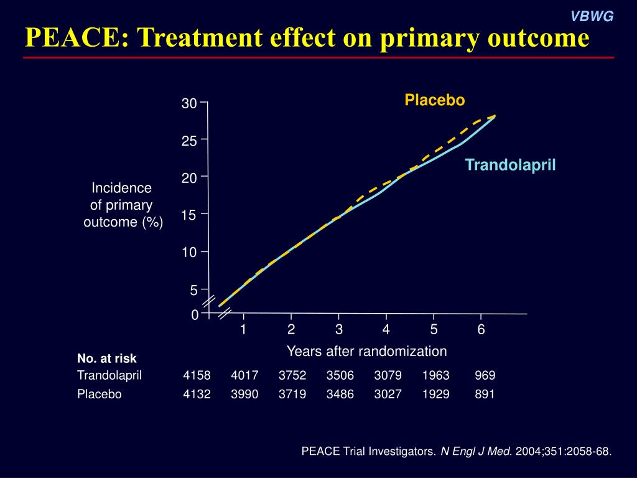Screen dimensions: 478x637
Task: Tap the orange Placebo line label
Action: [x=434, y=100]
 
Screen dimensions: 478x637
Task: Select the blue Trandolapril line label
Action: [x=510, y=165]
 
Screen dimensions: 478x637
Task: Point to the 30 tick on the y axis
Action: [x=189, y=104]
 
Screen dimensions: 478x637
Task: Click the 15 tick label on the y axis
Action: [x=189, y=215]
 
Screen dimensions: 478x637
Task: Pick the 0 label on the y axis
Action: [x=194, y=316]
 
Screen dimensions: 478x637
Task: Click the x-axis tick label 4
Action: [x=386, y=330]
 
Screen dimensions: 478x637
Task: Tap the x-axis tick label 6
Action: [x=481, y=330]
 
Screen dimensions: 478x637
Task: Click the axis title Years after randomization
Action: [x=366, y=351]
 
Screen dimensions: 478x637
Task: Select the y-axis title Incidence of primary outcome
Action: [x=123, y=205]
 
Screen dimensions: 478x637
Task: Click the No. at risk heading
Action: [x=106, y=358]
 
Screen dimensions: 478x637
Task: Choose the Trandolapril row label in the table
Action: [x=109, y=375]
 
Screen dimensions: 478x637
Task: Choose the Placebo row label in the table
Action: [x=100, y=394]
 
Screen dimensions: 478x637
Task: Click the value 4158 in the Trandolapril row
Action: [x=197, y=375]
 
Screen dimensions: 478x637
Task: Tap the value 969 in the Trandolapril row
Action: [x=485, y=375]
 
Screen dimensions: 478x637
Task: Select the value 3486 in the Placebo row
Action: [x=340, y=394]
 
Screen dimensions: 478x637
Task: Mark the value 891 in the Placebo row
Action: [x=485, y=394]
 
